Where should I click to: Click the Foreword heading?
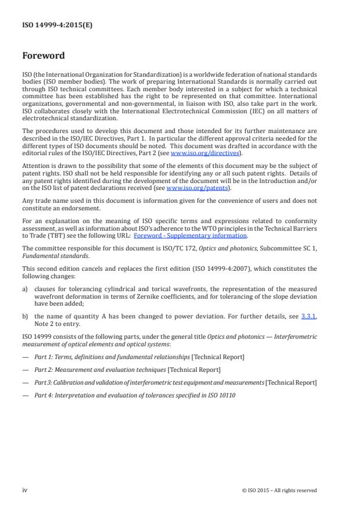[44, 56]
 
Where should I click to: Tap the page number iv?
[25, 490]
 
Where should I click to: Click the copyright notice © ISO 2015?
[279, 490]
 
